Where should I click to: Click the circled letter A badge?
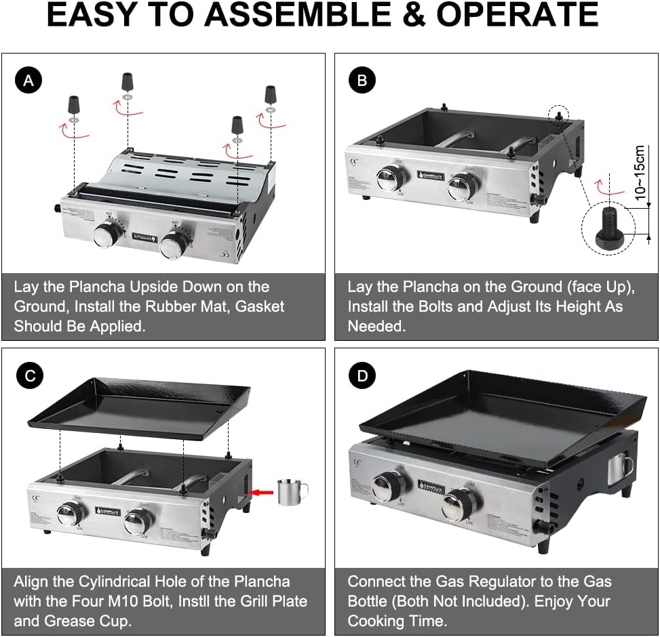tap(28, 82)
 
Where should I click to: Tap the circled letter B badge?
tap(362, 82)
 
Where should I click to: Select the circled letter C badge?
tap(28, 376)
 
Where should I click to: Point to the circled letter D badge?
tap(362, 376)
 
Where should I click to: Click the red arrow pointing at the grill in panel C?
tap(262, 492)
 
